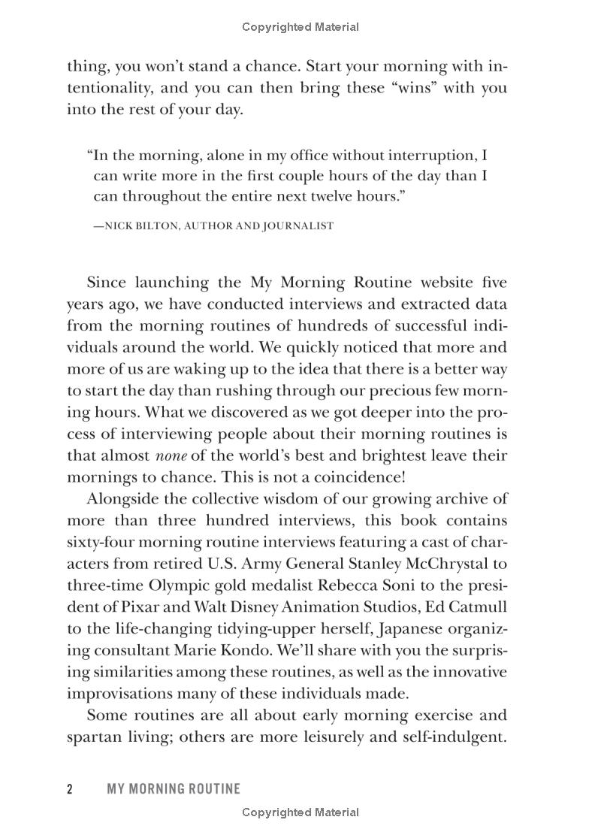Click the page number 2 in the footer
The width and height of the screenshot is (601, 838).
pyautogui.click(x=70, y=788)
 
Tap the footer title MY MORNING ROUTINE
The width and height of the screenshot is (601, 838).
pyautogui.click(x=174, y=788)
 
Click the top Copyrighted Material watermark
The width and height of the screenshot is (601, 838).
pyautogui.click(x=300, y=27)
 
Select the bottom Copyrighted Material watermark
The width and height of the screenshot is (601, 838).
pyautogui.click(x=300, y=812)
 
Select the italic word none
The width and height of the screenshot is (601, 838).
pyautogui.click(x=171, y=455)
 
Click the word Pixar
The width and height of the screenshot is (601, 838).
pyautogui.click(x=131, y=607)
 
